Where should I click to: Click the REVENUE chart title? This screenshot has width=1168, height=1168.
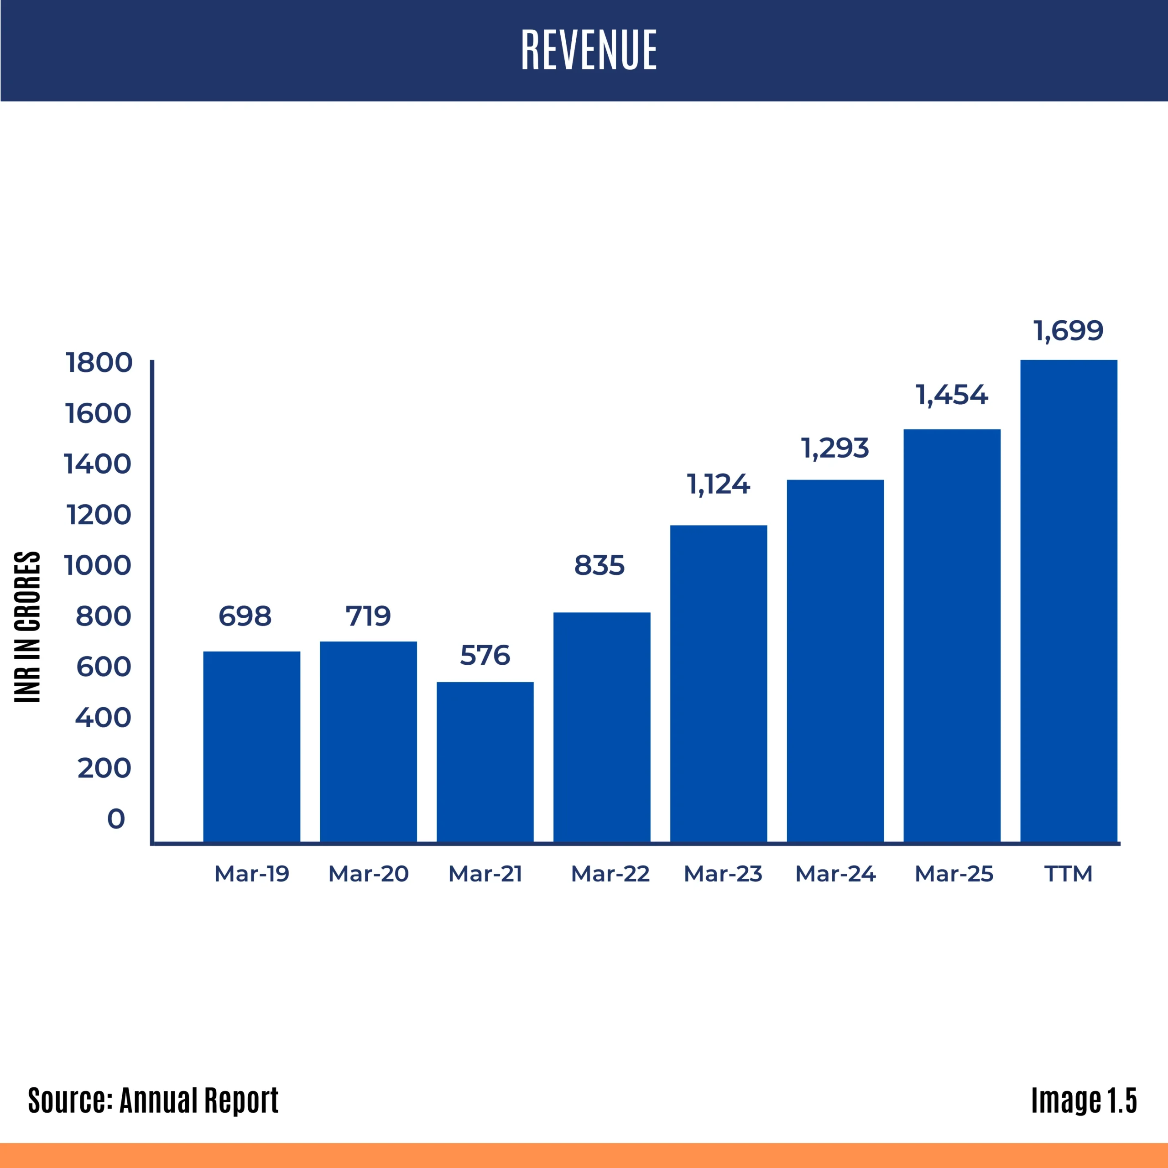[x=589, y=50]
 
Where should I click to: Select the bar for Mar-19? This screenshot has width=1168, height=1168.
[x=251, y=746]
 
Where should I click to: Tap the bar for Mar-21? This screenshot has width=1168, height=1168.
[x=485, y=762]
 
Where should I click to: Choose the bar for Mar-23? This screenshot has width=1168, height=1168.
[x=718, y=683]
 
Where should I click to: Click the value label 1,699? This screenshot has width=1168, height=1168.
[x=1068, y=331]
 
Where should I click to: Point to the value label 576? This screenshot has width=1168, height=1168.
[x=485, y=655]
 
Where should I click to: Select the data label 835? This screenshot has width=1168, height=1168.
[x=599, y=565]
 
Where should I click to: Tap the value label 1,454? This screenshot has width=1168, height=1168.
[x=952, y=396]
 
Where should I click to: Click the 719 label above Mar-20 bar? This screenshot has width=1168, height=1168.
[x=368, y=616]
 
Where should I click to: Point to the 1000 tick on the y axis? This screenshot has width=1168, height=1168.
[x=97, y=565]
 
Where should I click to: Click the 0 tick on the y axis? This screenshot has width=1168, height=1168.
[x=116, y=819]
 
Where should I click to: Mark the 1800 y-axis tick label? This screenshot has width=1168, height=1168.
[x=99, y=363]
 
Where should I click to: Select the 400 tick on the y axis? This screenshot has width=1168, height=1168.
[x=103, y=718]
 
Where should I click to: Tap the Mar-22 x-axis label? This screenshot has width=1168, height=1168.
[x=610, y=874]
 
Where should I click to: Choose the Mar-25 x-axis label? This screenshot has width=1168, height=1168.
[x=954, y=874]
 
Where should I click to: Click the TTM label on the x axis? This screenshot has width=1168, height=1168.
[x=1068, y=874]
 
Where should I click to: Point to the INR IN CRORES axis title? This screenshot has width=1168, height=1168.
[x=27, y=627]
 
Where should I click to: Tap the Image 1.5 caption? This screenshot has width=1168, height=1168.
[x=1083, y=1100]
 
